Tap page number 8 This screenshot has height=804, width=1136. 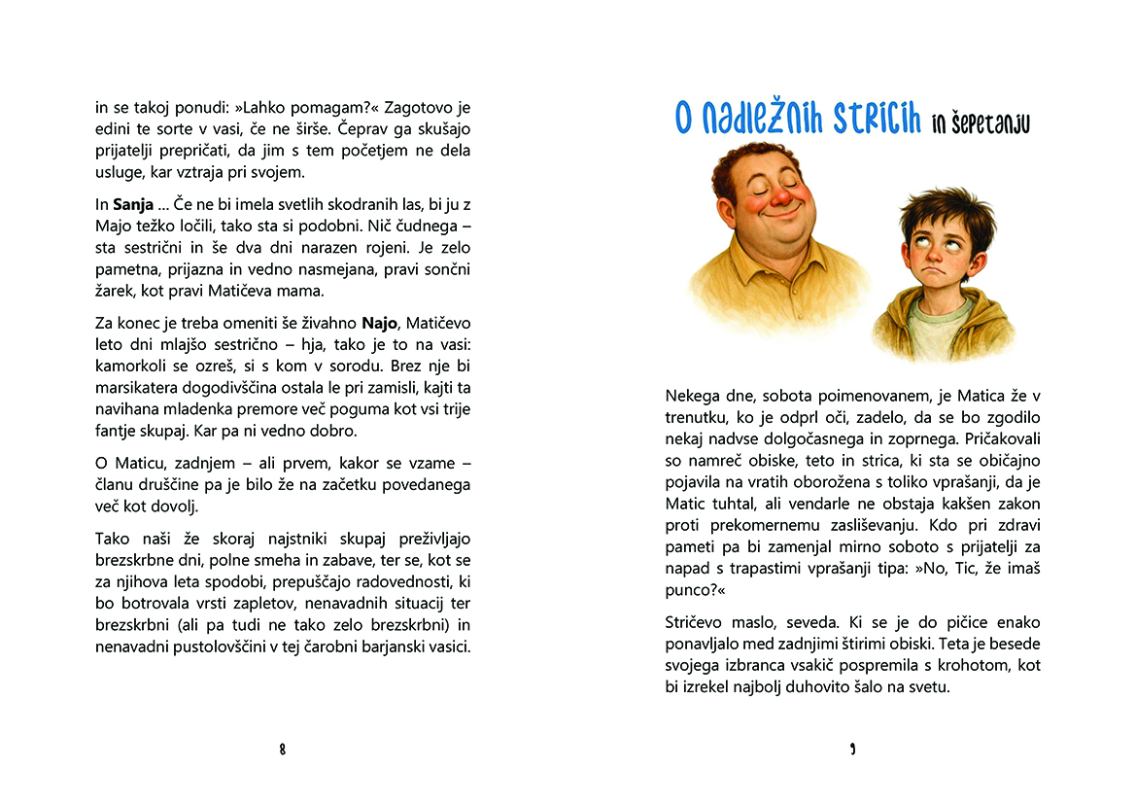(282, 749)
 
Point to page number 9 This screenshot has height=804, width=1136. (852, 749)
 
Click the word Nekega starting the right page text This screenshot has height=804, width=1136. (696, 397)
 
